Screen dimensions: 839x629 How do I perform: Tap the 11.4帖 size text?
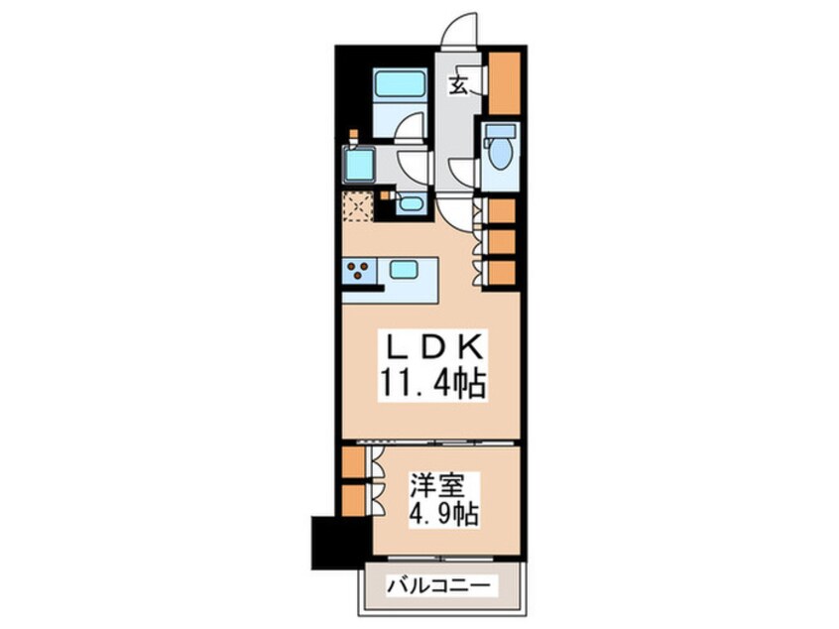432,383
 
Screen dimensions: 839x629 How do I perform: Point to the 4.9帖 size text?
443,515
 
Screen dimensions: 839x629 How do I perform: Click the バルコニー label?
438,585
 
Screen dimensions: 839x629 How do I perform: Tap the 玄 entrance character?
458,84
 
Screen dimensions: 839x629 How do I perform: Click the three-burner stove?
360,271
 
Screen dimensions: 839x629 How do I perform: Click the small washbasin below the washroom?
411,204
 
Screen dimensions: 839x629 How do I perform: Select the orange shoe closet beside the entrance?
505,82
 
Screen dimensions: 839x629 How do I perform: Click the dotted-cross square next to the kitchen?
357,206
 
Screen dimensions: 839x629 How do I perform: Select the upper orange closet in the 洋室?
353,461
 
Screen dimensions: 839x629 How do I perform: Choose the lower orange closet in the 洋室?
353,501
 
